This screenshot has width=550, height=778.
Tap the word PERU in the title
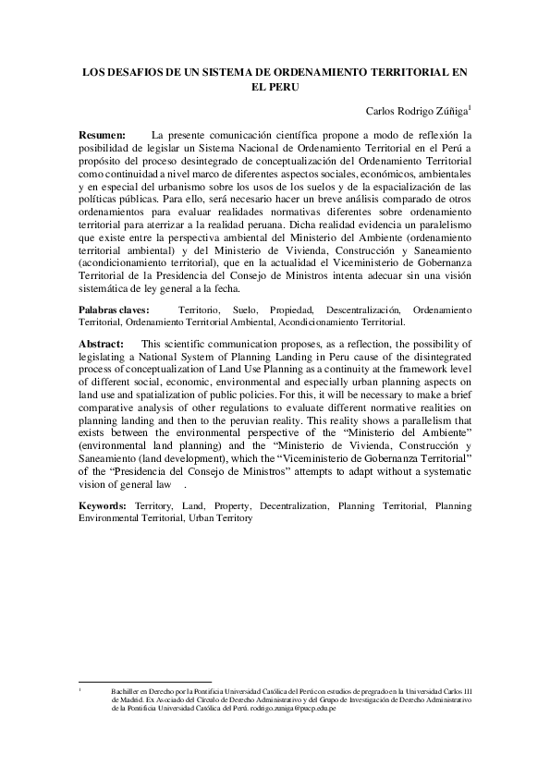(287, 88)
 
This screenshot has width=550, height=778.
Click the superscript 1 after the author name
(471, 108)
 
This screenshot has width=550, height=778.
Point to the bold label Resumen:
(103, 135)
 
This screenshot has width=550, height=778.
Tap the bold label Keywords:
(103, 506)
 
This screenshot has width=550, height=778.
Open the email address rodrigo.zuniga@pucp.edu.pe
(300, 709)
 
